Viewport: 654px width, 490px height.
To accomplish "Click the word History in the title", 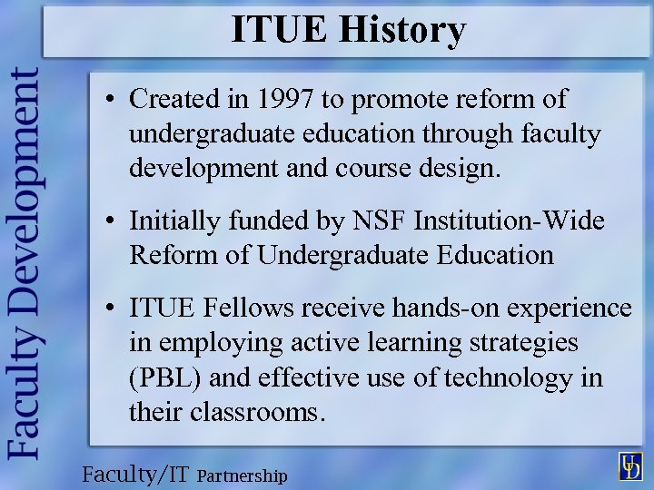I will point(402,30).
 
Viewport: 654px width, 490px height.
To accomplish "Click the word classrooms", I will point(259,413).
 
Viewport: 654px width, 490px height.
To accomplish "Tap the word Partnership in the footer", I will point(242,475).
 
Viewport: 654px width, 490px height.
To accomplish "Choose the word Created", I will point(177,98).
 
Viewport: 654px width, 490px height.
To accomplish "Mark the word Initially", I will point(173,220).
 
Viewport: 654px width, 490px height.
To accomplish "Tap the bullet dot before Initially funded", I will point(108,221).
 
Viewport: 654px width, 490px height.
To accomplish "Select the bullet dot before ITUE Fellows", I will point(108,309).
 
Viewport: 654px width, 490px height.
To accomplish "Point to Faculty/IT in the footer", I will point(136,475).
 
